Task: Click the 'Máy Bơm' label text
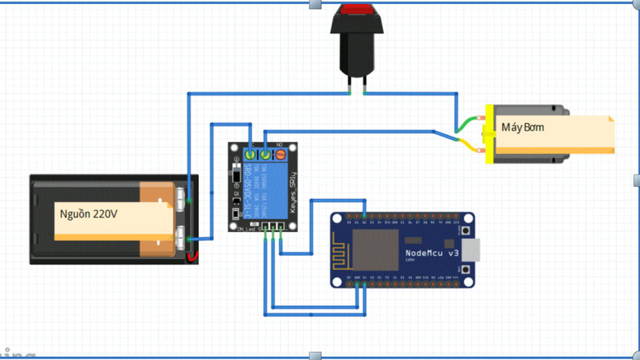[x=522, y=126]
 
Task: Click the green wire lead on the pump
[x=467, y=123]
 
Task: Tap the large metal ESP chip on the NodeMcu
[x=375, y=248]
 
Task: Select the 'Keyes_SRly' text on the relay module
[x=292, y=193]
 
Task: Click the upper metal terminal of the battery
[x=180, y=197]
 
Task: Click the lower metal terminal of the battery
[x=180, y=237]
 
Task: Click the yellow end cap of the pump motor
[x=488, y=134]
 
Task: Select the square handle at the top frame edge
[x=315, y=4]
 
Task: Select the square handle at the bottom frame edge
[x=315, y=356]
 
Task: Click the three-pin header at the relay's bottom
[x=272, y=227]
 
